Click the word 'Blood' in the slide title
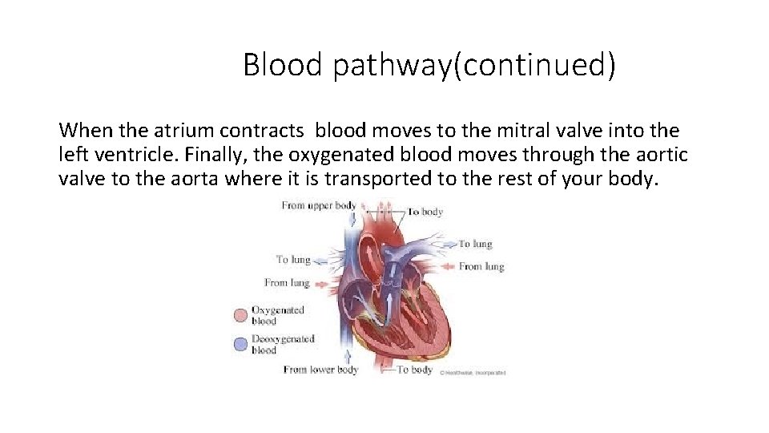point(283,64)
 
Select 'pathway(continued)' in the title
point(474,65)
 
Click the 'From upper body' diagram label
point(318,206)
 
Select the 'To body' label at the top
point(425,212)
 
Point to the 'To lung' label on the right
point(475,244)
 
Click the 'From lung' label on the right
point(481,266)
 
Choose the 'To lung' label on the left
point(292,259)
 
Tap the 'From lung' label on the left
point(287,282)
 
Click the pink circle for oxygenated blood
point(240,315)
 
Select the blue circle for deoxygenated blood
point(240,344)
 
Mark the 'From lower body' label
point(320,370)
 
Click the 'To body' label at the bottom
point(415,370)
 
